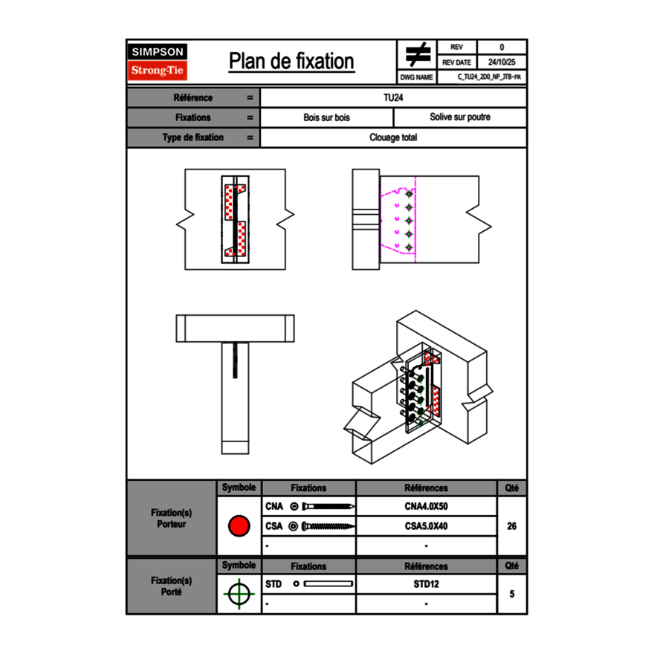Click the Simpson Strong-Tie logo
pyautogui.click(x=158, y=62)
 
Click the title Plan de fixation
pyautogui.click(x=291, y=61)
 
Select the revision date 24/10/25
pyautogui.click(x=502, y=62)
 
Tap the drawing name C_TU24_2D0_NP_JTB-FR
pyautogui.click(x=489, y=77)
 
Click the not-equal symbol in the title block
pyautogui.click(x=417, y=55)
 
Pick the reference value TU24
pyautogui.click(x=393, y=97)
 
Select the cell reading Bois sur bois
pyautogui.click(x=326, y=117)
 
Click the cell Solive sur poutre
pyautogui.click(x=459, y=117)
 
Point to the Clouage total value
pyautogui.click(x=393, y=137)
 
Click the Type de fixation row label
pyautogui.click(x=192, y=137)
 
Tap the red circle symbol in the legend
pyautogui.click(x=239, y=526)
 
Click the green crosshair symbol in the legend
pyautogui.click(x=239, y=594)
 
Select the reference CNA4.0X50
pyautogui.click(x=426, y=507)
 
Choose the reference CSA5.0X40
pyautogui.click(x=426, y=526)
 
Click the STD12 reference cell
pyautogui.click(x=426, y=584)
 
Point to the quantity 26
pyautogui.click(x=511, y=526)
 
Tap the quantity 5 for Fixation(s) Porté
pyautogui.click(x=511, y=594)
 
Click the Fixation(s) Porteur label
pyautogui.click(x=171, y=518)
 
